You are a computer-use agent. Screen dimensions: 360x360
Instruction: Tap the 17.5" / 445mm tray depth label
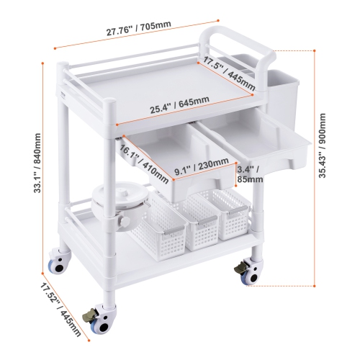pos(229,72)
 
